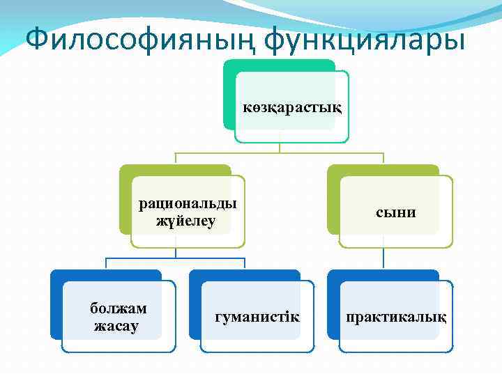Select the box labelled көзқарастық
point(292,108)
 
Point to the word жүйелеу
point(186,221)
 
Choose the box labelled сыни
point(395,212)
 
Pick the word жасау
point(116,326)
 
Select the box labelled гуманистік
point(257,318)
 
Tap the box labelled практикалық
point(396,318)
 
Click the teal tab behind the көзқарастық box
point(279,65)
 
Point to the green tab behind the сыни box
point(383,170)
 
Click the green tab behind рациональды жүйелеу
point(174,170)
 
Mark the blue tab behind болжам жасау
point(105,275)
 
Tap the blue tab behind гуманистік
point(244,275)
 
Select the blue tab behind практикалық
point(383,275)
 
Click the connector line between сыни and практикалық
point(383,259)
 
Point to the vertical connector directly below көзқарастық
point(279,148)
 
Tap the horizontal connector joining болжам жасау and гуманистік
point(174,258)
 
